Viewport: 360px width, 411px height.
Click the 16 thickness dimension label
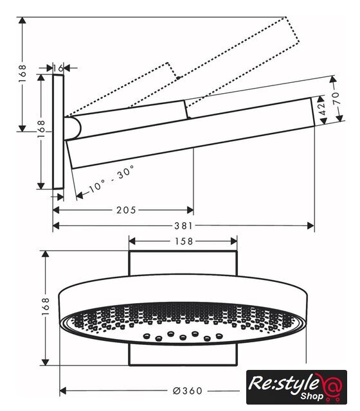pyautogui.click(x=59, y=69)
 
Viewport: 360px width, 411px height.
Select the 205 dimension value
pyautogui.click(x=126, y=210)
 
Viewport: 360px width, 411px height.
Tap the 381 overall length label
pyautogui.click(x=183, y=226)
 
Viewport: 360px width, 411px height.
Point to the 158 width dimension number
pyautogui.click(x=184, y=241)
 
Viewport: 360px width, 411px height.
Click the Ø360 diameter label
pyautogui.click(x=188, y=391)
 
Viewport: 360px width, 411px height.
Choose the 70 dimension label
pyautogui.click(x=336, y=98)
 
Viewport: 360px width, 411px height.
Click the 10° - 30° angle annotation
pyautogui.click(x=112, y=179)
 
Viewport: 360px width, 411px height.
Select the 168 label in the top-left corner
pyautogui.click(x=22, y=74)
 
